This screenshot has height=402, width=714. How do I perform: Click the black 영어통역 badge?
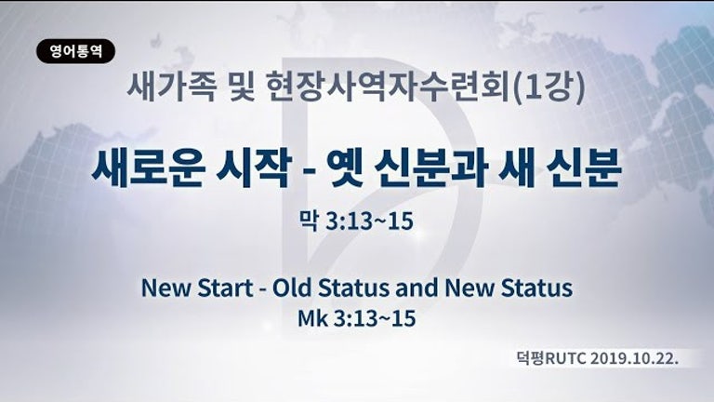click(75, 51)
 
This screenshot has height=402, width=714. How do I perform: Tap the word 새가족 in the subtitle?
click(170, 87)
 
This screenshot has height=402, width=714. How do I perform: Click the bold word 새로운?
click(147, 167)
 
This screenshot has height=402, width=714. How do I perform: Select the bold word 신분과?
click(432, 167)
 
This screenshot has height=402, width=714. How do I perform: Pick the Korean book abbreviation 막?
click(309, 221)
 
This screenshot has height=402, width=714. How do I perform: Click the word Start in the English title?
click(225, 288)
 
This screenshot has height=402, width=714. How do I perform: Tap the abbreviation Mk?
click(312, 317)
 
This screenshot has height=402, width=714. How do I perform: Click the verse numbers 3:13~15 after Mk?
click(375, 317)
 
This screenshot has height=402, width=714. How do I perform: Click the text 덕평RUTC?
click(551, 358)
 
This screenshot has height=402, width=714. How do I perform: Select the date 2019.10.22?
click(635, 358)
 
